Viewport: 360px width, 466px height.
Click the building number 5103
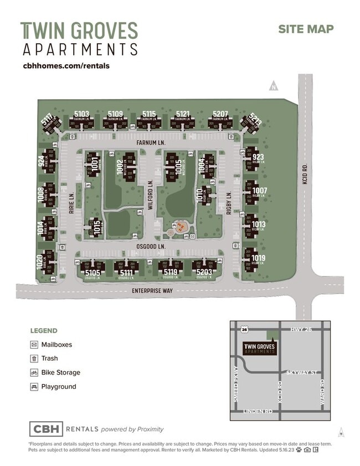81,114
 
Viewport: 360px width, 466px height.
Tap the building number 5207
220,114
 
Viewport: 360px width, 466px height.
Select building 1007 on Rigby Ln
259,191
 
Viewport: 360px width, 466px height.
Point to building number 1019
258,258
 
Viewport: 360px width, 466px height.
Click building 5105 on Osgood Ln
92,273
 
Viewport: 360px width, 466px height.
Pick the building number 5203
204,273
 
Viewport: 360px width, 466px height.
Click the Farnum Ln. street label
151,143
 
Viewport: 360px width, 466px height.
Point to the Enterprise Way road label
151,290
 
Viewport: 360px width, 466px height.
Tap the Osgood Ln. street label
151,245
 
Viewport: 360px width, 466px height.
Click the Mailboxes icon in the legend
34,345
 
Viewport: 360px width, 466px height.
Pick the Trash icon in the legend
34,359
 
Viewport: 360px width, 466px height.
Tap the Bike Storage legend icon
34,372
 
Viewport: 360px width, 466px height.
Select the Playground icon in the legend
34,387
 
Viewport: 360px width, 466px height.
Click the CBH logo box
46,429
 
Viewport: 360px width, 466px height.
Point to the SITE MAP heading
306,29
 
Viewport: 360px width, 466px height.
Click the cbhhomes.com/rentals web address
66,65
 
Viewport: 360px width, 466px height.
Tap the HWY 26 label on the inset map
302,330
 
